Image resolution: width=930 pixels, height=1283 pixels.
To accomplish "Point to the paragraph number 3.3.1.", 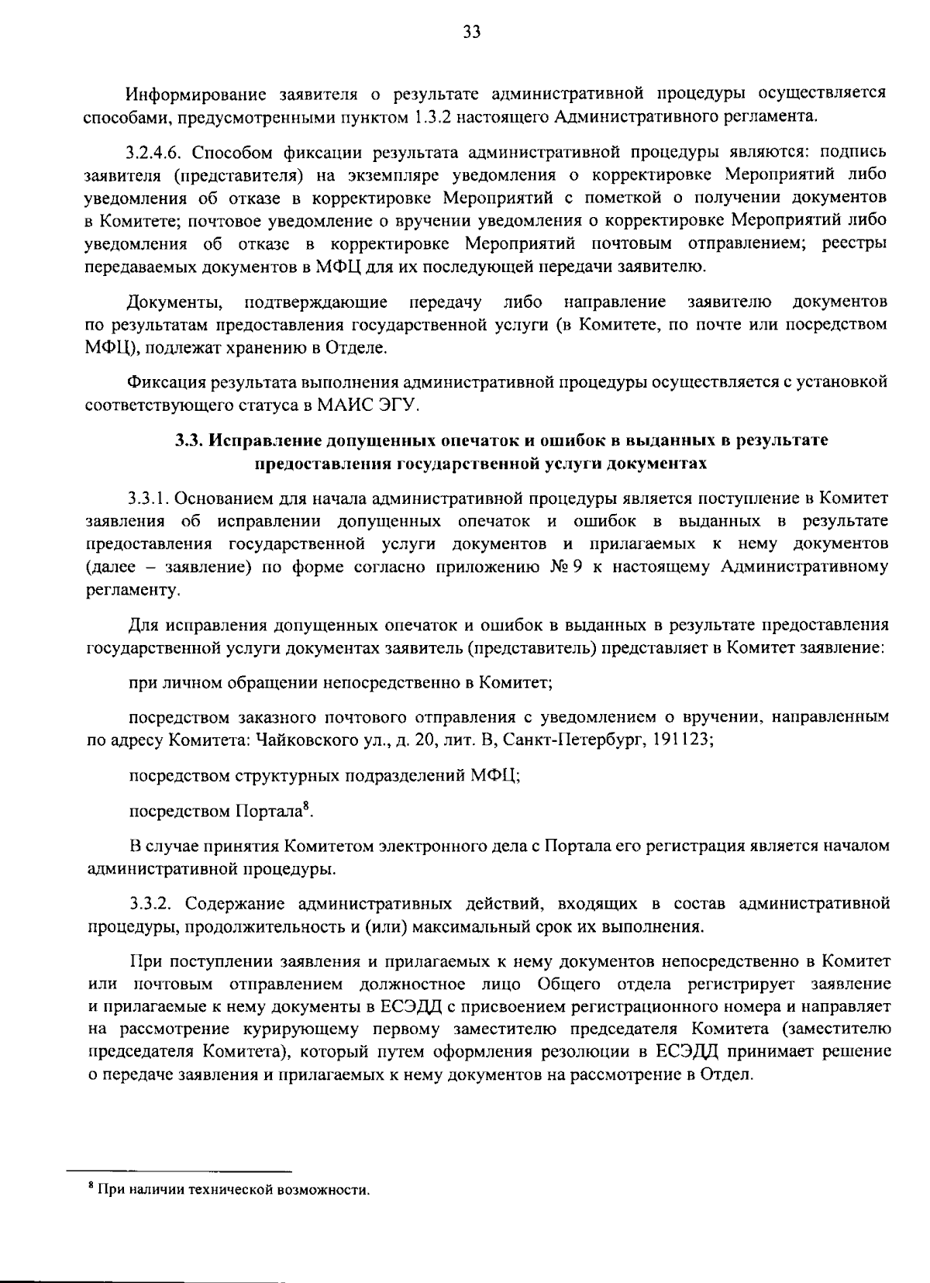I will pos(150,498).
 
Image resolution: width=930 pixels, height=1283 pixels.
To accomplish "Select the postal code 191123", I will pos(680,739).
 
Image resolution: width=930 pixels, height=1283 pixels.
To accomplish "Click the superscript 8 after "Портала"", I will pos(306,806).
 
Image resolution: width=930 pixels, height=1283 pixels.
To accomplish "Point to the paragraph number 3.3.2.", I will pos(153,903).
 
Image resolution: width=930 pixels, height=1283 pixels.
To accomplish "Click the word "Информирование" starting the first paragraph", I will pos(189,95).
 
